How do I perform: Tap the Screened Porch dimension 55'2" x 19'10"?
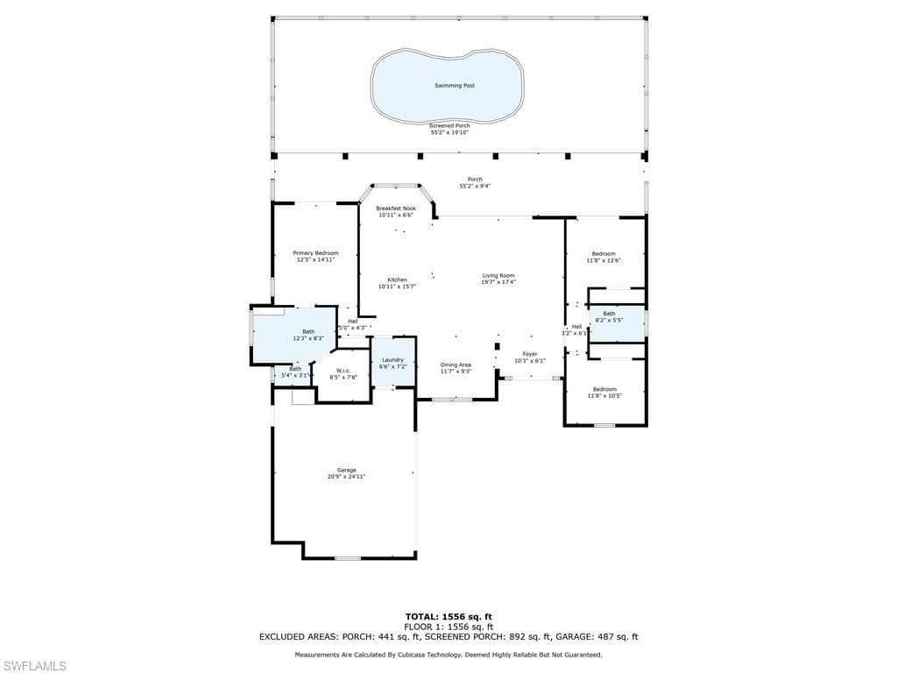[449, 132]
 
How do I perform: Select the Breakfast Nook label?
[395, 209]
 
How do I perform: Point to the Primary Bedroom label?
[315, 253]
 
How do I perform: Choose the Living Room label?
[498, 276]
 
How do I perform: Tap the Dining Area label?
[456, 365]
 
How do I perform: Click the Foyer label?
[530, 354]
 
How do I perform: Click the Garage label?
[347, 471]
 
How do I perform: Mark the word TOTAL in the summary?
[422, 616]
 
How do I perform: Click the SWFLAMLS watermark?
[35, 666]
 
